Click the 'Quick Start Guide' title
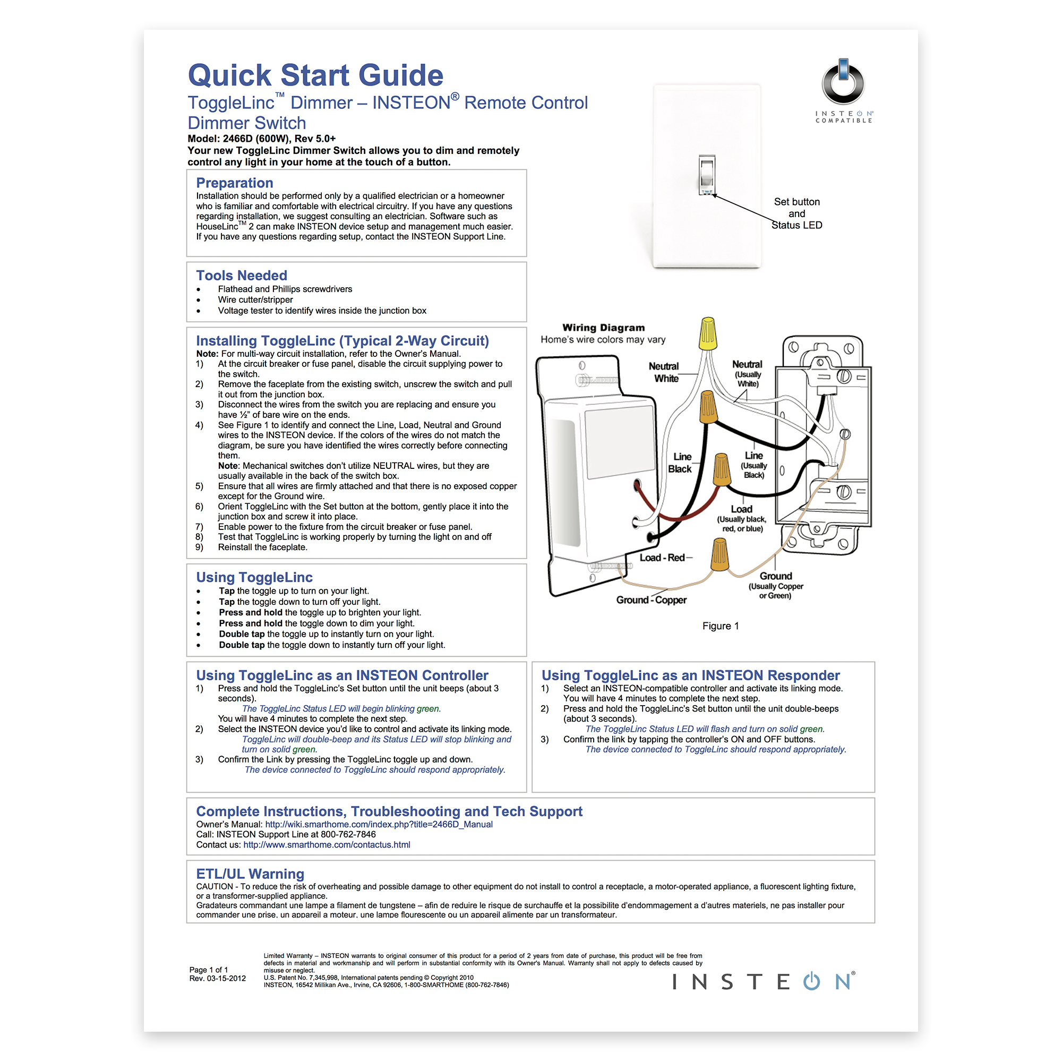(x=315, y=75)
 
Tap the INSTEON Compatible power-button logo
(x=843, y=83)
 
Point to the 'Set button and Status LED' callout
(x=796, y=213)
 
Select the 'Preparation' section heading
(x=235, y=183)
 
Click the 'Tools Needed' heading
(x=242, y=275)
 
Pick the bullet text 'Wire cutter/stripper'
(x=255, y=299)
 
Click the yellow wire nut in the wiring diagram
(x=708, y=333)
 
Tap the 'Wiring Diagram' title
(x=604, y=328)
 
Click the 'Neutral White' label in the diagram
(x=665, y=372)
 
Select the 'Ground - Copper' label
(x=652, y=599)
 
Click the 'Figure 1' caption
(x=720, y=626)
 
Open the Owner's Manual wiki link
(x=379, y=824)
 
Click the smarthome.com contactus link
(x=327, y=844)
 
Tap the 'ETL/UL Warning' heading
(x=250, y=873)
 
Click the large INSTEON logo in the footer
(x=764, y=982)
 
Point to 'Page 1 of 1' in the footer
(x=208, y=970)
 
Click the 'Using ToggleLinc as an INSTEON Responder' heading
(x=690, y=675)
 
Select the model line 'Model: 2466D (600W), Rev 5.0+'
(x=262, y=139)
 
